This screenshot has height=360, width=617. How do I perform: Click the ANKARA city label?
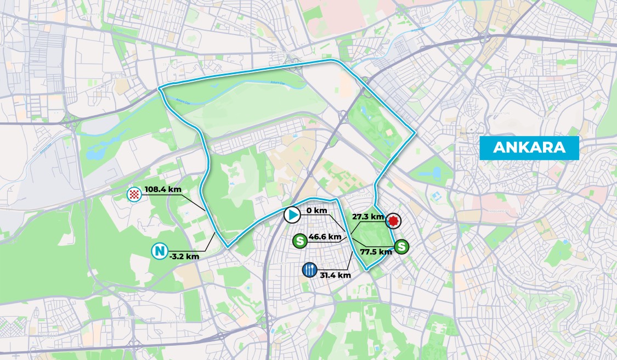pos(529,148)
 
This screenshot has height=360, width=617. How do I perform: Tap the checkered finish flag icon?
pos(134,193)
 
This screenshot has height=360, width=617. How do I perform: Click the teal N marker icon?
pos(159,252)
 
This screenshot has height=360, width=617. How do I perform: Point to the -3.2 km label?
pos(184,256)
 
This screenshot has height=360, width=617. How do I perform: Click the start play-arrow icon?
pos(292,215)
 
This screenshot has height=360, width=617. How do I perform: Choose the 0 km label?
pos(317,211)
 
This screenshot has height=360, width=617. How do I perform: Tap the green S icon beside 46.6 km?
pos(299,240)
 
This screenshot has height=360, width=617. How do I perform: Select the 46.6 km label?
pos(325,237)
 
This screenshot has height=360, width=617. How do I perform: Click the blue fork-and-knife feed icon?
pos(309,269)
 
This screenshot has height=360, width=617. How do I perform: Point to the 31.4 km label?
pos(335,275)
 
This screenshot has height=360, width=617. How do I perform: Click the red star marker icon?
pos(393,221)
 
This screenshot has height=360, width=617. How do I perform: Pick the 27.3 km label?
pos(368,217)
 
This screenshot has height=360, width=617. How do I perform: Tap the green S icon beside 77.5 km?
pos(402,246)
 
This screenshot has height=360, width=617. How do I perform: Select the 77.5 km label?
pos(376,252)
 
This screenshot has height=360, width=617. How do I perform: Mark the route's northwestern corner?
pos(160,89)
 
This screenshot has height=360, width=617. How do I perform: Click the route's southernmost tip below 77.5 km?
pos(366,268)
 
